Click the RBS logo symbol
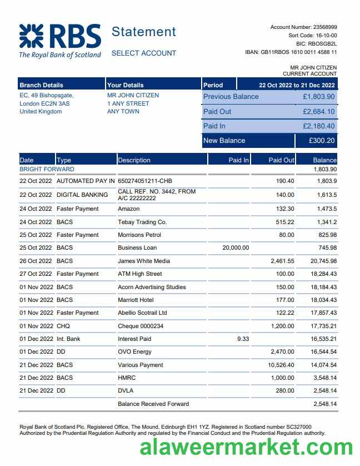pos(32,36)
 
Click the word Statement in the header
pos(143,32)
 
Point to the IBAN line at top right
pos(291,52)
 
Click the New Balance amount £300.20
pos(322,141)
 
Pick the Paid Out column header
pos(281,160)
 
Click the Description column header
pos(134,160)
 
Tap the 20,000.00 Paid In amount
pos(236,247)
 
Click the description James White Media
pos(144,261)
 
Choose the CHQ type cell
pos(63,326)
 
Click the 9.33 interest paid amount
pos(243,339)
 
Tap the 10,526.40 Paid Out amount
pos(281,365)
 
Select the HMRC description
pos(126,378)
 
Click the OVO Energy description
pos(134,351)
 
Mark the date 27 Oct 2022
pos(36,274)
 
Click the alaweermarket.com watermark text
pos(246,447)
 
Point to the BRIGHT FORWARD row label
pos(47,169)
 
